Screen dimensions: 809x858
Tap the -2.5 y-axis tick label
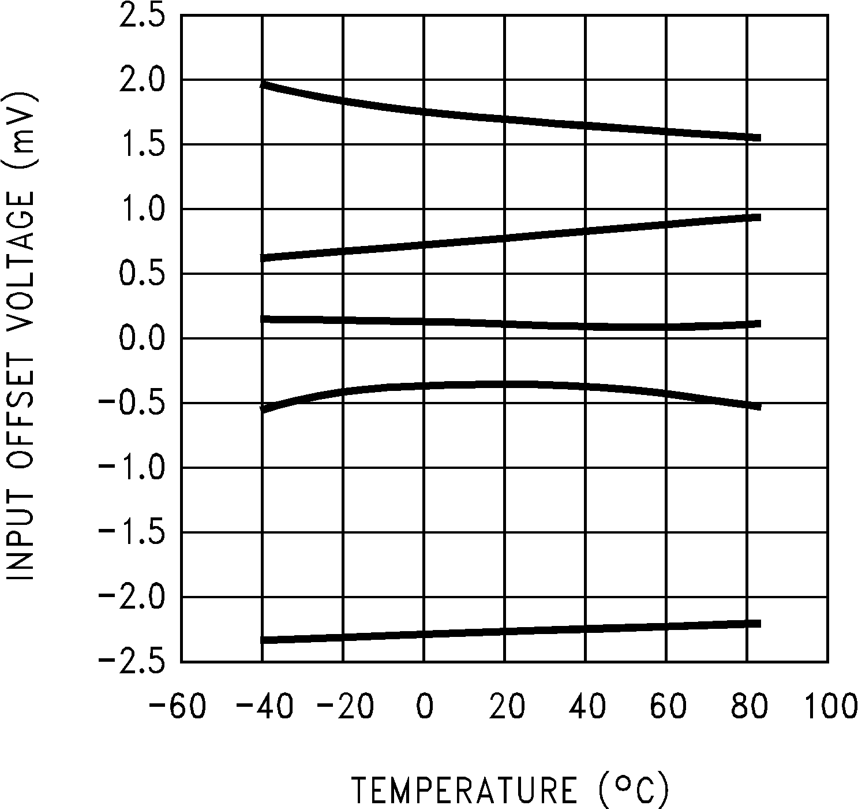coord(132,661)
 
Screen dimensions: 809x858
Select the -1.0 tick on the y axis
coord(132,467)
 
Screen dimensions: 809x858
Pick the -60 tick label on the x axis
coord(177,707)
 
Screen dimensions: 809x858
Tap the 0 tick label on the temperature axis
coord(424,707)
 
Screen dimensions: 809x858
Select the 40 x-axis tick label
coord(586,707)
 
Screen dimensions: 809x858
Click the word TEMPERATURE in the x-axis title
coord(465,791)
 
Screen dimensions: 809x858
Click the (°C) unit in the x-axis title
coord(634,789)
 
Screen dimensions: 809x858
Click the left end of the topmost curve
coord(263,84)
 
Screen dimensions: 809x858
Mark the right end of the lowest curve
coord(759,624)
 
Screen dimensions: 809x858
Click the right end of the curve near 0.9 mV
coord(759,217)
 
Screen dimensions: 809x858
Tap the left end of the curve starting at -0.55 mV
coord(263,409)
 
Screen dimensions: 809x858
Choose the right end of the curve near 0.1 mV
coord(759,324)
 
